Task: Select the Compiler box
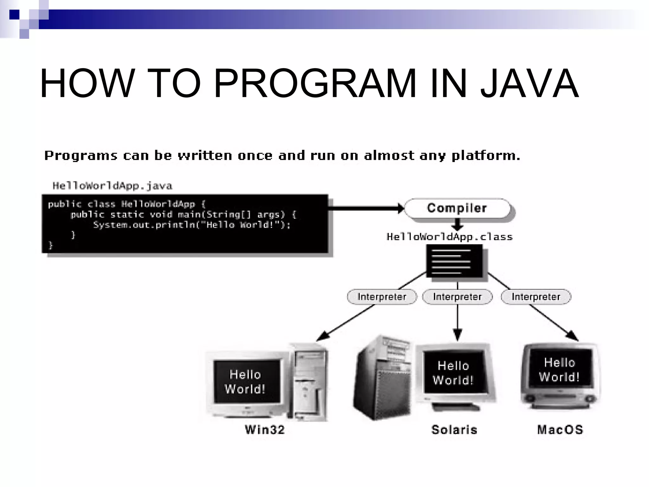click(457, 208)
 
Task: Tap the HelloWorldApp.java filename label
click(112, 186)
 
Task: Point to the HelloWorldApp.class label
click(449, 237)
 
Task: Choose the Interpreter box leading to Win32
click(382, 297)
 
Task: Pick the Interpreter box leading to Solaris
click(457, 297)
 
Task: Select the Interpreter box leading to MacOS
click(536, 297)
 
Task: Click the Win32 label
click(265, 430)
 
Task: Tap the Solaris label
click(454, 430)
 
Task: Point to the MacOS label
click(560, 430)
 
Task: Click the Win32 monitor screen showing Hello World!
click(247, 381)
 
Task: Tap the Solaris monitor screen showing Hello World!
click(454, 373)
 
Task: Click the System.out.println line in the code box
click(191, 225)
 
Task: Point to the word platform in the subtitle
click(485, 156)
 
